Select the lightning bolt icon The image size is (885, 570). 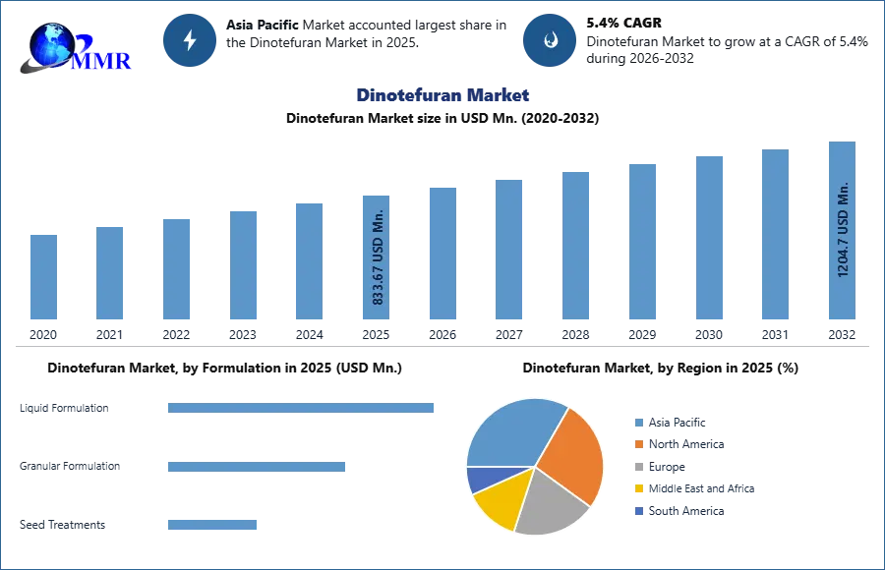click(x=190, y=40)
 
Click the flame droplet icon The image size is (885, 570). click(x=551, y=40)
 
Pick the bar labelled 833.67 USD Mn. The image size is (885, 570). click(x=378, y=256)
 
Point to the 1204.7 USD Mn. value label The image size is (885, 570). click(x=843, y=229)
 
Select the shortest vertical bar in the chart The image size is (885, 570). click(x=43, y=276)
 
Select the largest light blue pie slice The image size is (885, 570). click(x=510, y=433)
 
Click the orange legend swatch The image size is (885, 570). click(x=638, y=445)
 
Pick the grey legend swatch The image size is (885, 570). click(x=638, y=467)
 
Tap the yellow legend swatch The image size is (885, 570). click(x=638, y=488)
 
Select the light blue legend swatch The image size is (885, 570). click(x=638, y=424)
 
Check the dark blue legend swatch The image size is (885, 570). click(x=638, y=511)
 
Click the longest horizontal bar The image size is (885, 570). click(x=302, y=409)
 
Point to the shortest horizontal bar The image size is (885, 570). click(x=212, y=527)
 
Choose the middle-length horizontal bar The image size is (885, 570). click(x=256, y=465)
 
